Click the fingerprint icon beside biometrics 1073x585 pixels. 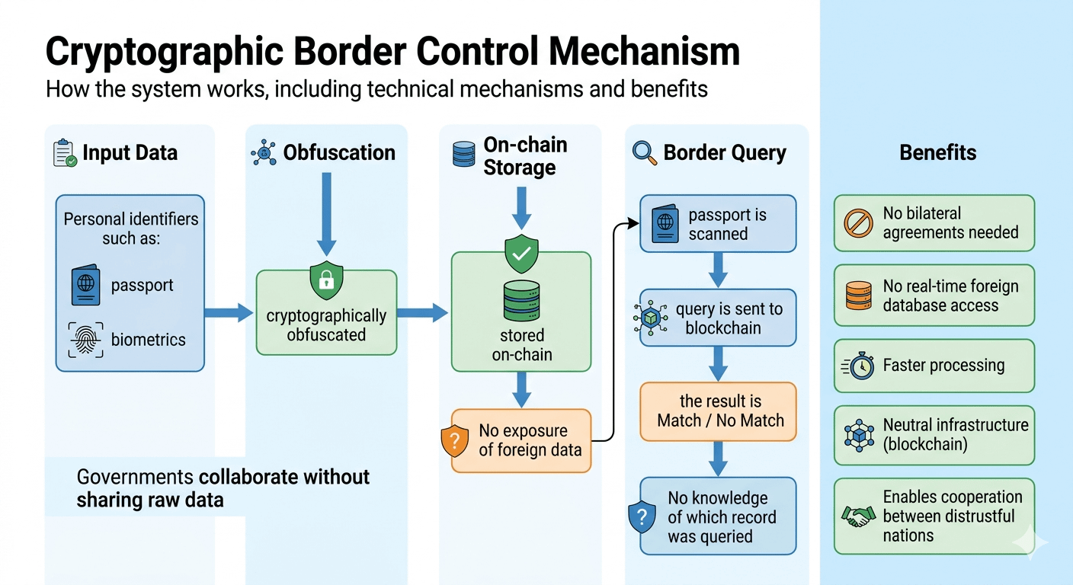tap(85, 340)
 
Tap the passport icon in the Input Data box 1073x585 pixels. tap(85, 286)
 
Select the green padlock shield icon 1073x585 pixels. tap(325, 280)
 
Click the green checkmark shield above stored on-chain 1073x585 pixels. tap(521, 255)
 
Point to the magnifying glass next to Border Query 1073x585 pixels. tap(645, 152)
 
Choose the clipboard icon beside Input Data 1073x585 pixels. tap(65, 152)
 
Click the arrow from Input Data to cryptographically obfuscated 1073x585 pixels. tap(229, 312)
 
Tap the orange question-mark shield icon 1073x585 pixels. tap(455, 441)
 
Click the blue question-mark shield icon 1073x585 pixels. tap(642, 518)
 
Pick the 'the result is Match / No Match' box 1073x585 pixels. tap(718, 411)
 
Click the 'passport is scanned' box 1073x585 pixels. tap(718, 224)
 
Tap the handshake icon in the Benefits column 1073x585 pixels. tap(859, 516)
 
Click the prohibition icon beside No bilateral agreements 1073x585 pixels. tap(859, 223)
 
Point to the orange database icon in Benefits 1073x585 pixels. tap(859, 296)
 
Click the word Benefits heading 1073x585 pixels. tap(937, 152)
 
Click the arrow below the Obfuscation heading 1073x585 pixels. tap(326, 213)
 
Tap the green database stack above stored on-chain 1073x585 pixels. tap(521, 301)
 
